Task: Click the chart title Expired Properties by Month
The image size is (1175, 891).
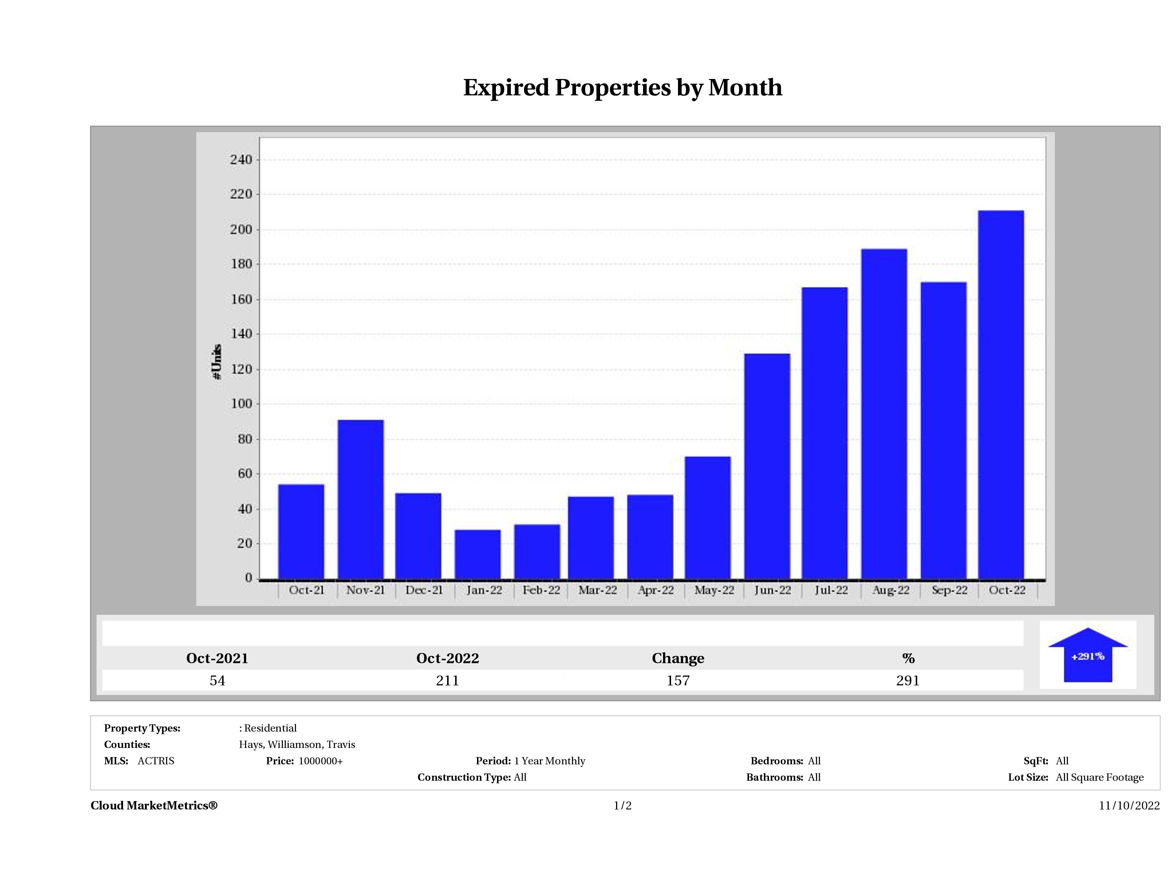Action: coord(623,88)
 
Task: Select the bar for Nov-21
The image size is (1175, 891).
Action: coord(361,499)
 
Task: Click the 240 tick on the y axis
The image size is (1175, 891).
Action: coord(241,160)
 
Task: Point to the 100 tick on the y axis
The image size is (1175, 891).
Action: coord(241,404)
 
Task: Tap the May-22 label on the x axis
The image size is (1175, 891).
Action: coord(714,590)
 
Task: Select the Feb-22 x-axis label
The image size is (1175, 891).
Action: coord(541,590)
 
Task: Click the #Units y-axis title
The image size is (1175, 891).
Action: coord(217,361)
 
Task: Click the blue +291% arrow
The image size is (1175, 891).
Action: coord(1087,656)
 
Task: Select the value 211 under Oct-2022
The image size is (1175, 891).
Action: coord(447,681)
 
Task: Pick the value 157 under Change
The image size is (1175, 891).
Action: coord(678,681)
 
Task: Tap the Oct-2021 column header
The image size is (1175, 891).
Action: coord(217,658)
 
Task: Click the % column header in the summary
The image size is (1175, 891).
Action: coord(908,658)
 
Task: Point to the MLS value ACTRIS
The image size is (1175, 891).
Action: coord(155,761)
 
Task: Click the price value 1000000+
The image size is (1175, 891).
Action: coord(320,761)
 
